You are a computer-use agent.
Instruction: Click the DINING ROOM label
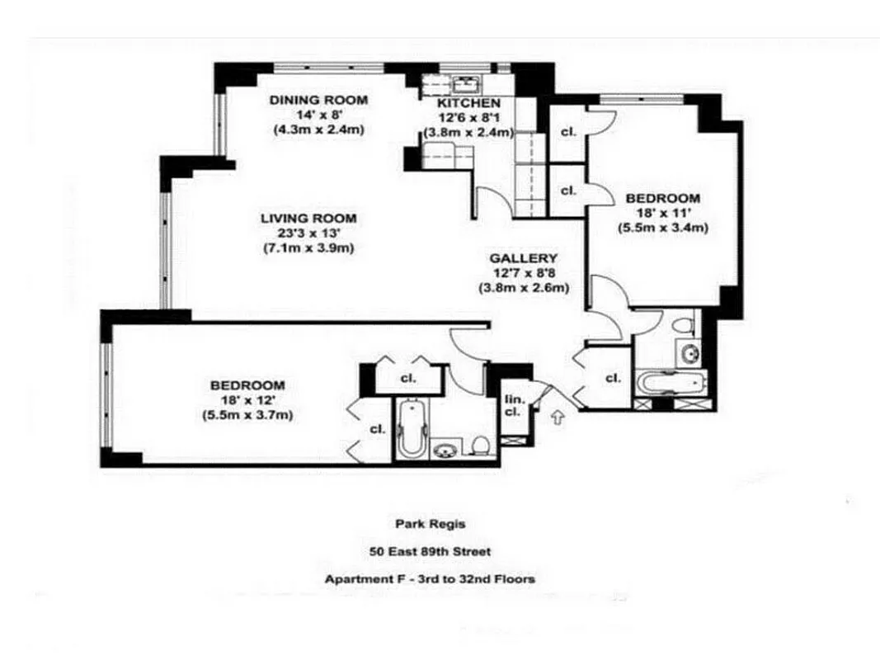point(318,100)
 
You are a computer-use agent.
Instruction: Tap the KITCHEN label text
point(468,103)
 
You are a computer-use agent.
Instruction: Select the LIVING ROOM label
point(308,219)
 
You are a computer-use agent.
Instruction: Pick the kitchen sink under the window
point(465,82)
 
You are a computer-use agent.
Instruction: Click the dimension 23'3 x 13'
point(308,233)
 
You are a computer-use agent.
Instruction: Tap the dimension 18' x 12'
point(247,400)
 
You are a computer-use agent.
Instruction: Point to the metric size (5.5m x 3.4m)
point(663,229)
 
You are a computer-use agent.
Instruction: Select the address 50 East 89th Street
point(429,550)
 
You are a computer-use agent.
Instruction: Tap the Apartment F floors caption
point(429,579)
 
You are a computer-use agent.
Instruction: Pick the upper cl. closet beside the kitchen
point(567,131)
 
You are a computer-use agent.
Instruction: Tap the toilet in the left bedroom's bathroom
point(481,446)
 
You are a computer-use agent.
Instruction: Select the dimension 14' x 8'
point(318,115)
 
